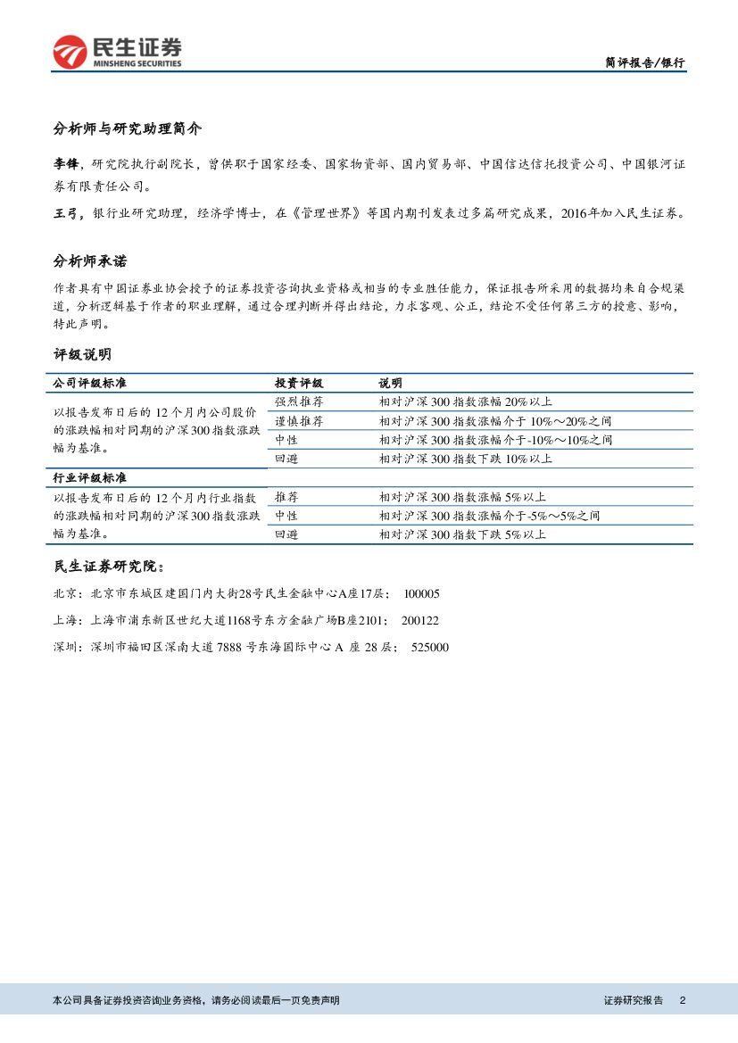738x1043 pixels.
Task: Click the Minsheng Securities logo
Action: (x=117, y=52)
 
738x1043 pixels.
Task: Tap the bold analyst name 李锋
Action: (x=66, y=164)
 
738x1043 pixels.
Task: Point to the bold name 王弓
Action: (x=66, y=214)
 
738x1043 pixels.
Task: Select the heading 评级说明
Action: (x=82, y=354)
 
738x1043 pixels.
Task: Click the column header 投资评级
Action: (x=299, y=383)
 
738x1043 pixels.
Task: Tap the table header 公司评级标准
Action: (x=90, y=383)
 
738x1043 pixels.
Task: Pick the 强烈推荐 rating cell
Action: (x=299, y=401)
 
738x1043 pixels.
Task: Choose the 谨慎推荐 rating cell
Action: (x=299, y=421)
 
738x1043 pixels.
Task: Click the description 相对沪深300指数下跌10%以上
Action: (x=465, y=459)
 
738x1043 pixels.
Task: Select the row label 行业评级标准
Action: (x=90, y=478)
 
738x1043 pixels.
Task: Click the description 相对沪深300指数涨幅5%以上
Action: (x=461, y=497)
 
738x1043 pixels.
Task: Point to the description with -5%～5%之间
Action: (x=488, y=516)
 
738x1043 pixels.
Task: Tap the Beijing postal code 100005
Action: (x=421, y=593)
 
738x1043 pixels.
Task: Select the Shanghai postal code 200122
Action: (x=419, y=620)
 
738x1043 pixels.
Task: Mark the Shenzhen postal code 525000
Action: (x=429, y=647)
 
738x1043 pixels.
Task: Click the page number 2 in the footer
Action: (x=683, y=1000)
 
